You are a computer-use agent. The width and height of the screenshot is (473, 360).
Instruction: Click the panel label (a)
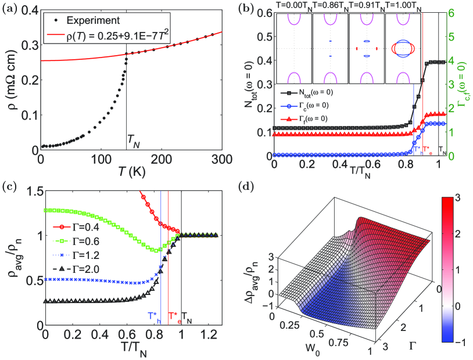coord(10,8)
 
